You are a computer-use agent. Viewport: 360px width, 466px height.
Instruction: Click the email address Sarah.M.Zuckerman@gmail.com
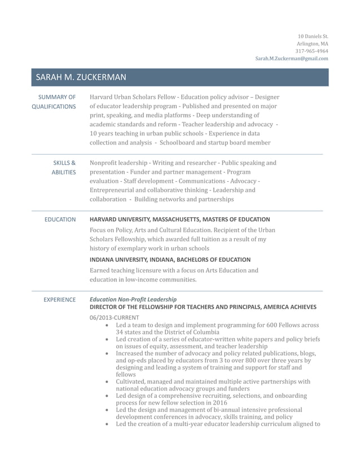point(291,58)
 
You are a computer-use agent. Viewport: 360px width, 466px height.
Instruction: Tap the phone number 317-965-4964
point(311,51)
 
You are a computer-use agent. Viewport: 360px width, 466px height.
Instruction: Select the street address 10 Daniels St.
point(313,36)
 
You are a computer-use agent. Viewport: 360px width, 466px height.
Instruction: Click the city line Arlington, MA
point(312,43)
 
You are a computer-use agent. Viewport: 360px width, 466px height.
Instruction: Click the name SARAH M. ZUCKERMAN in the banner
point(81,77)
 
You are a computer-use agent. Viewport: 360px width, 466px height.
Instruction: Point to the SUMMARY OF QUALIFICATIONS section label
point(54,102)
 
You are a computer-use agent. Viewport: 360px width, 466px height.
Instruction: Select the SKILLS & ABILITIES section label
point(64,168)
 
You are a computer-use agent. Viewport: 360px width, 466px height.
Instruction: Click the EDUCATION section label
point(60,219)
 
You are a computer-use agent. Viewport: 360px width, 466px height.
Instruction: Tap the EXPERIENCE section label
point(59,300)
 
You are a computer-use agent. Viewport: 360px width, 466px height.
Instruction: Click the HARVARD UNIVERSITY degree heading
point(179,219)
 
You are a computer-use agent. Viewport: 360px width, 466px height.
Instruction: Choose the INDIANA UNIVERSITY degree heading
point(170,260)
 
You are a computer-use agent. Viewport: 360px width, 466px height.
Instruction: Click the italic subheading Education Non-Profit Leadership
point(133,299)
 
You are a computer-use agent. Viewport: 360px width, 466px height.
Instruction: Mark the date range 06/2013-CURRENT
point(114,317)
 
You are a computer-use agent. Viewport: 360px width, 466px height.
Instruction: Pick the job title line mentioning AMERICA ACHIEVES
point(203,307)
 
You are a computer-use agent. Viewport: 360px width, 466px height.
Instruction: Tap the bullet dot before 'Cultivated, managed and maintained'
point(108,382)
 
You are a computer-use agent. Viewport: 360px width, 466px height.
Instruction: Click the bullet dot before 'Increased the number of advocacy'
point(108,354)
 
